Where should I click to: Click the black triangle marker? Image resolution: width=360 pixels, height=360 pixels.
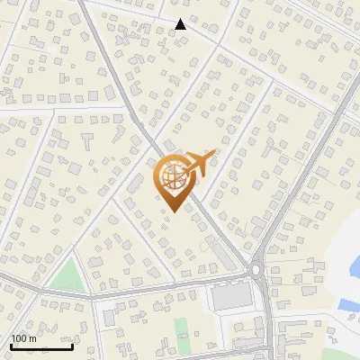coord(181,24)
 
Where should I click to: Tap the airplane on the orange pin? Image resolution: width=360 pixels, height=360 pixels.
coord(199,165)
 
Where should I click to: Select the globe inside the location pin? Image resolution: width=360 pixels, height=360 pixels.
coord(171,177)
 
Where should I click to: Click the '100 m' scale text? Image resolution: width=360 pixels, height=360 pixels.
coord(22,337)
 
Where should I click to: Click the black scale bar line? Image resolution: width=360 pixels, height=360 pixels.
coord(40,346)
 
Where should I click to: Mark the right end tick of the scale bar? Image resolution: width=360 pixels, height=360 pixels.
coord(72,345)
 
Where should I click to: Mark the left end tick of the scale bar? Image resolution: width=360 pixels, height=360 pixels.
coord(10,345)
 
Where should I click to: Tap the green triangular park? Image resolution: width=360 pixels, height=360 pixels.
coord(65,275)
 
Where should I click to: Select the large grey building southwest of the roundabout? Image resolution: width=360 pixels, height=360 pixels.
coord(231,296)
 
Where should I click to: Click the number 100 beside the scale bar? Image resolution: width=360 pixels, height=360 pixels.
coord(18,337)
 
